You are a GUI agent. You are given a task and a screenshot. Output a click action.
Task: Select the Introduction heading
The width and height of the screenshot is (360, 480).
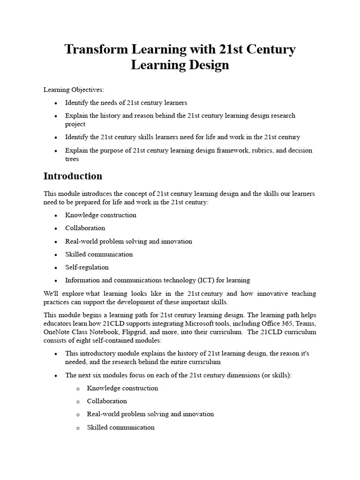pyautogui.click(x=73, y=176)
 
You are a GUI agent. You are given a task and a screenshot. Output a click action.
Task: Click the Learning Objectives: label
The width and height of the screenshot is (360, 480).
pyautogui.click(x=74, y=90)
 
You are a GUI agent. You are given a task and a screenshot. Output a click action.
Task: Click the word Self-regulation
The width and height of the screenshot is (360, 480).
pyautogui.click(x=87, y=267)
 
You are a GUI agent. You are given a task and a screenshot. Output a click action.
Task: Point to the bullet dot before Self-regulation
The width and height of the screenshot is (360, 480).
pyautogui.click(x=56, y=268)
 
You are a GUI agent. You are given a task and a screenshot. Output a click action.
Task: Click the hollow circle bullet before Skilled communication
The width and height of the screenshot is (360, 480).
pyautogui.click(x=78, y=427)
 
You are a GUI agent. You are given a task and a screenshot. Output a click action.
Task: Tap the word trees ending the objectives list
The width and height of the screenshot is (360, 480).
pyautogui.click(x=72, y=159)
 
